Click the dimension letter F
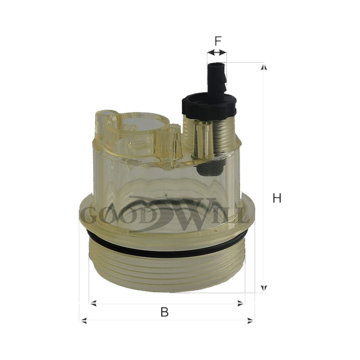coord(217,41)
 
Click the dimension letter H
coord(277,198)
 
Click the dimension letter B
coord(164,312)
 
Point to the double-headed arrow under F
coord(217,53)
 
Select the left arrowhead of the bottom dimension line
coord(83,320)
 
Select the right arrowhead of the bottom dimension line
coord(251,320)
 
